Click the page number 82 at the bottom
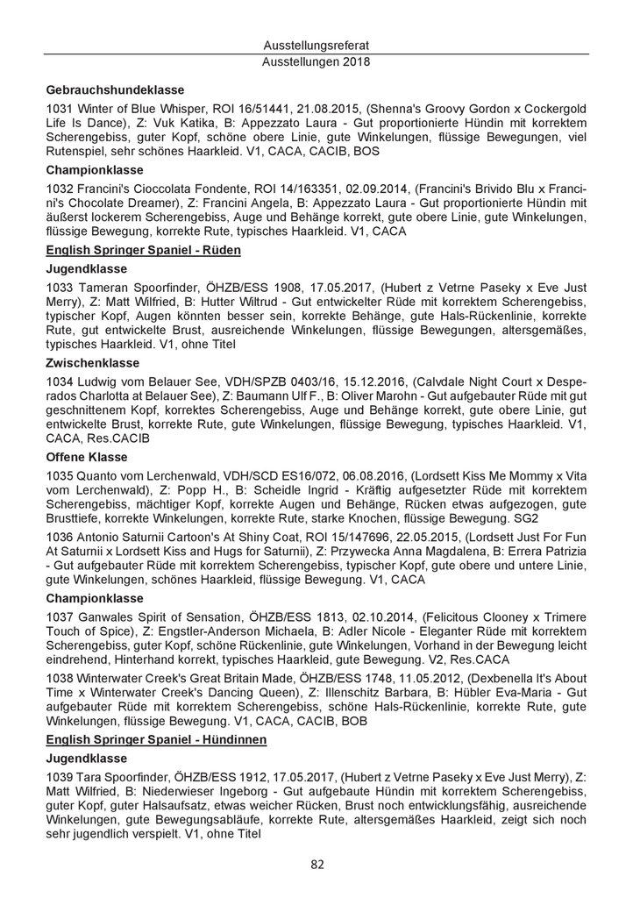(x=316, y=865)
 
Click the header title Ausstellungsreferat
(x=316, y=45)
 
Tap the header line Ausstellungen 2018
(x=316, y=62)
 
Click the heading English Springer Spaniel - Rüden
(x=143, y=251)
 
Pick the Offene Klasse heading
(x=87, y=458)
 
